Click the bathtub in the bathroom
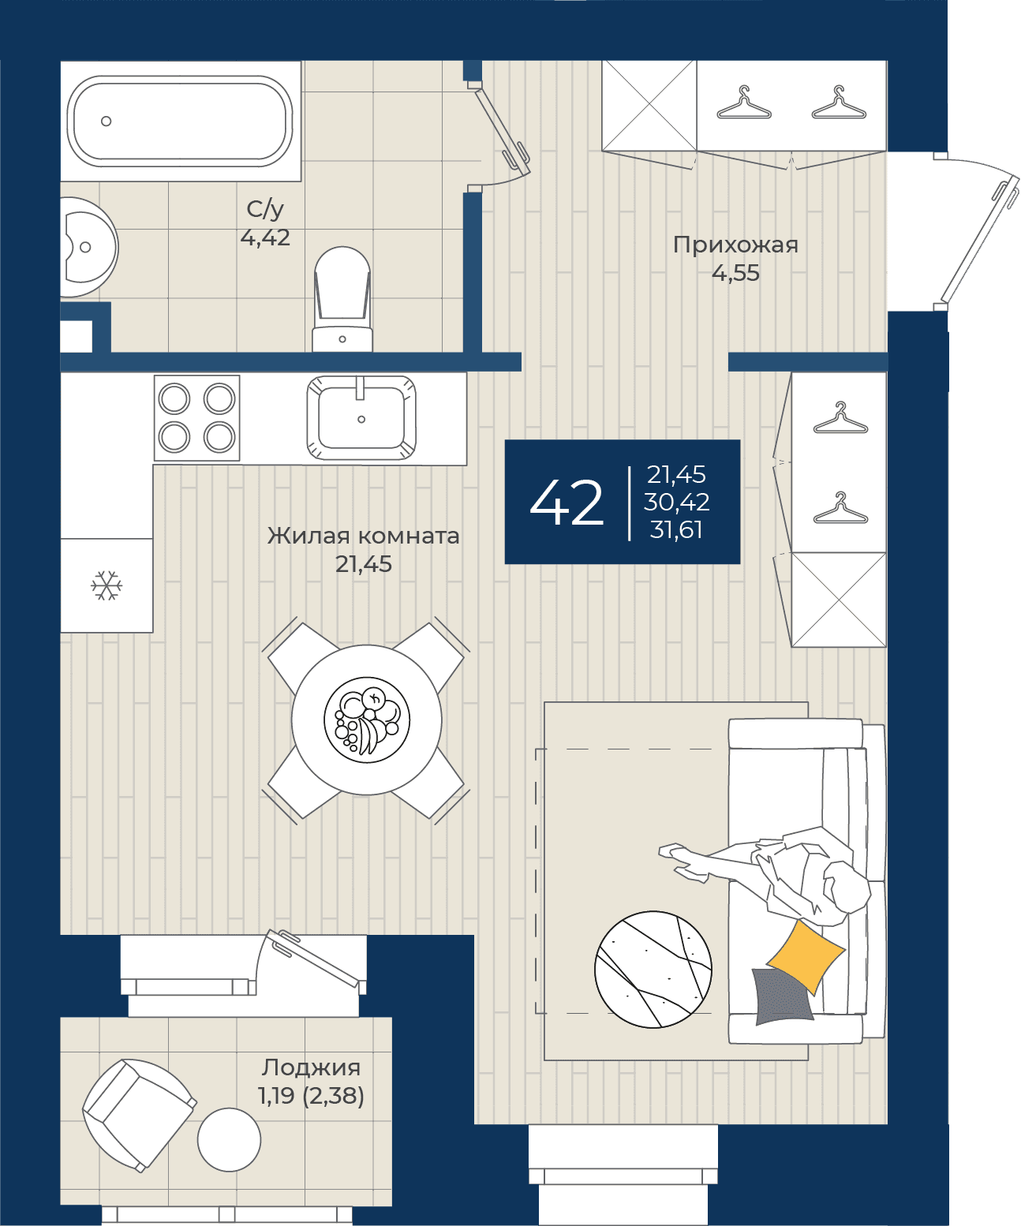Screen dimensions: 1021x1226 (x=180, y=121)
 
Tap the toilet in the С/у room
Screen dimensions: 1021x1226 (x=342, y=300)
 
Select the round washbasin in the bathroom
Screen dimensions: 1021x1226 (x=88, y=247)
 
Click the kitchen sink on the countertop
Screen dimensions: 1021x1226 (x=361, y=417)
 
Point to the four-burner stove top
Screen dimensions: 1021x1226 (x=196, y=418)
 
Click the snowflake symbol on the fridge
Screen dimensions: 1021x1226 (x=107, y=585)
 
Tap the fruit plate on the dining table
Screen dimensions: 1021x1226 (x=367, y=720)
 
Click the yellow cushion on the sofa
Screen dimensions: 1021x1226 (x=806, y=957)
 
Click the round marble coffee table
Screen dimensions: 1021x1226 (x=653, y=970)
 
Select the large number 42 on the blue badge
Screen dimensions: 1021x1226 (x=567, y=503)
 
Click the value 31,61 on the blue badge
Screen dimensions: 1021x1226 (x=676, y=529)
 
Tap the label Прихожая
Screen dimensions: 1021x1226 (x=735, y=245)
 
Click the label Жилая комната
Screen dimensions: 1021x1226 (x=364, y=536)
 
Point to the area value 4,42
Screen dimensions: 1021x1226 (x=265, y=237)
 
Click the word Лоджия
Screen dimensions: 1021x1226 (x=311, y=1068)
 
